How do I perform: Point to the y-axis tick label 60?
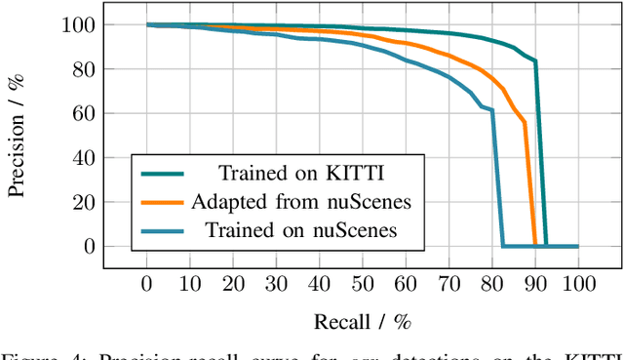click(102, 113)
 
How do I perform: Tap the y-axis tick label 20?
click(102, 202)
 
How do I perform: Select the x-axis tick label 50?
click(363, 284)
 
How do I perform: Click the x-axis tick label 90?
click(534, 284)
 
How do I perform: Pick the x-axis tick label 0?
click(147, 284)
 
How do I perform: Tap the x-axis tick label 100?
click(578, 284)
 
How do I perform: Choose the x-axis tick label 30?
click(276, 284)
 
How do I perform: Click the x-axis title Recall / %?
click(362, 322)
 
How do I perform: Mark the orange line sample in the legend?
click(162, 203)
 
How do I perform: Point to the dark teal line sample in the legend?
click(162, 175)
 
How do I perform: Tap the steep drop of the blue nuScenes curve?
click(497, 176)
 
